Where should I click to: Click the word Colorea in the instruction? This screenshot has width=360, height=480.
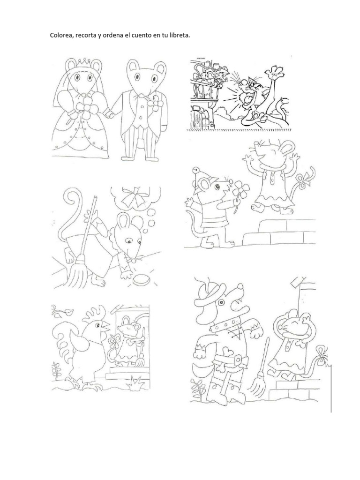(60, 35)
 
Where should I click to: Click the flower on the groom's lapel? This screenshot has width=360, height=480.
(156, 102)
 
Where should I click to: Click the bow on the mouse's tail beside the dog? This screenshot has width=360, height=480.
(322, 356)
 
